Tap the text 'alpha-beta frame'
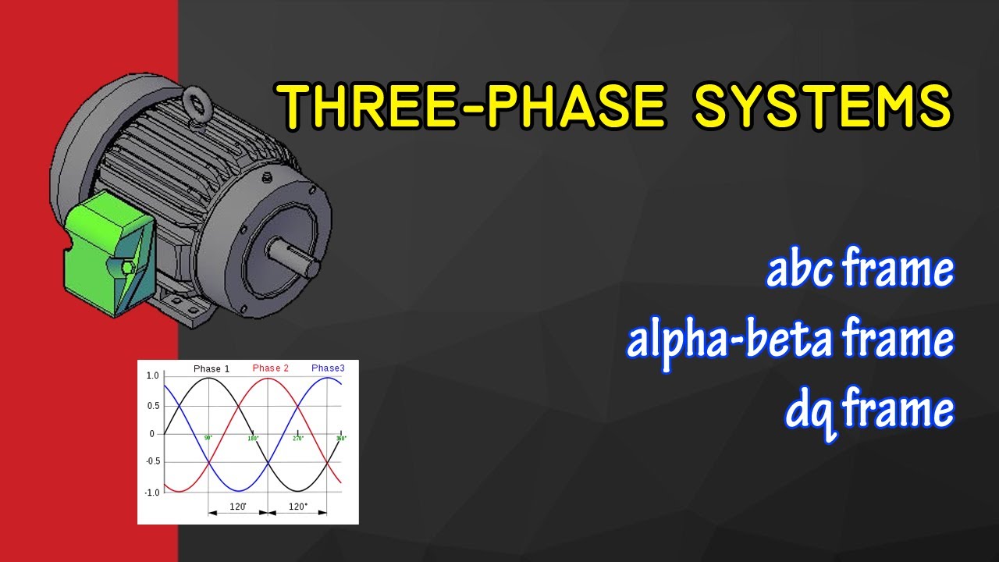coord(790,340)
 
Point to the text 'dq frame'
coord(869,410)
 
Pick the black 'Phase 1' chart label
coord(212,368)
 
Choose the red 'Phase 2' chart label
coord(271,368)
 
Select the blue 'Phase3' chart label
coord(328,368)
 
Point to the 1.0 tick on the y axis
coord(153,376)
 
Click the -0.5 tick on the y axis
coord(151,463)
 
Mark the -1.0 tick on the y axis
coord(151,492)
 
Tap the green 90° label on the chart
coord(208,438)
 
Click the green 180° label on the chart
coord(253,438)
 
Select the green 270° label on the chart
coord(297,438)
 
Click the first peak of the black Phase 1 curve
coord(208,379)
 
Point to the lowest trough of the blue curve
coord(238,491)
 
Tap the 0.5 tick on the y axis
coord(153,405)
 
